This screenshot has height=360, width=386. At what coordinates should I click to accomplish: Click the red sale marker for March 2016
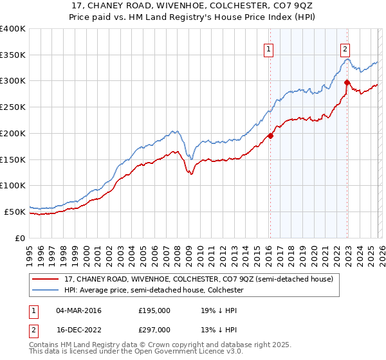point(270,136)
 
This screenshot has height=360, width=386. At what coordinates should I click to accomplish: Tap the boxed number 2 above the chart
point(345,48)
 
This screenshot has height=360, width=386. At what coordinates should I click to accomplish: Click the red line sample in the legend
point(46,280)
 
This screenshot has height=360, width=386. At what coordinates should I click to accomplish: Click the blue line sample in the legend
point(46,291)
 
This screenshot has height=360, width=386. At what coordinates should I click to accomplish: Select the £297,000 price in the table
point(154,329)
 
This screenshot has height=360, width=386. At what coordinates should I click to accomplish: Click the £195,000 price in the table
point(154,310)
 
